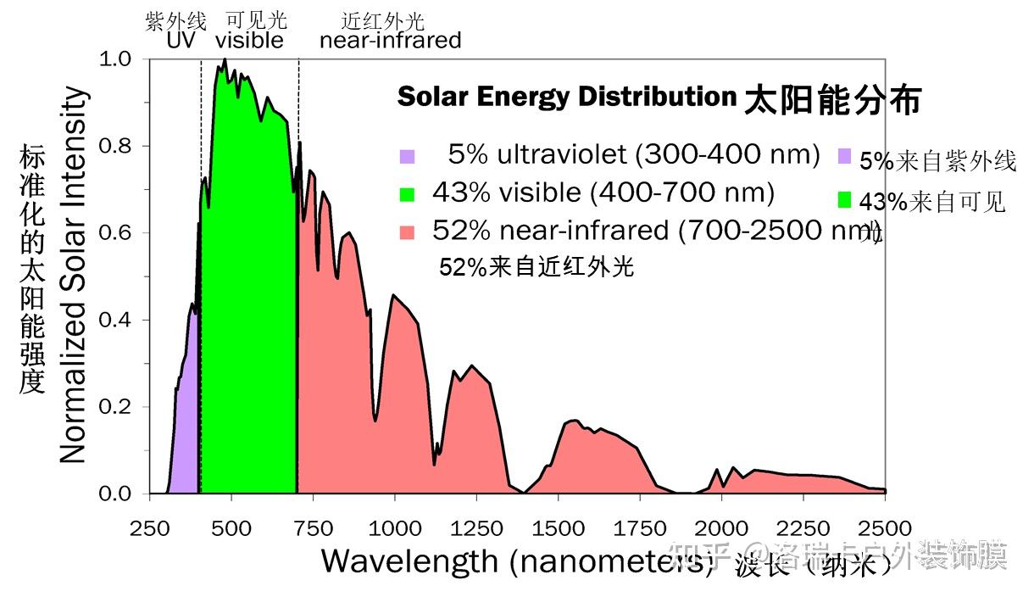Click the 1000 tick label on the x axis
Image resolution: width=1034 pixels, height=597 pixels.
(x=394, y=528)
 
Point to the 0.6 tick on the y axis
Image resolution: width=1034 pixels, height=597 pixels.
(x=118, y=233)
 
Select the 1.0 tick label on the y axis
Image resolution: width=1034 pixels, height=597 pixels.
(x=118, y=59)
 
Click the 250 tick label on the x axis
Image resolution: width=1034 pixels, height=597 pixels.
(x=149, y=528)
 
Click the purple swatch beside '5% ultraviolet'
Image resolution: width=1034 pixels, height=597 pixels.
(x=407, y=156)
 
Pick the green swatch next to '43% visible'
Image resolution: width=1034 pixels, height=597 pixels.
(x=407, y=194)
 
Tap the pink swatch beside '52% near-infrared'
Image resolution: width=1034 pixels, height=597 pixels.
(x=407, y=232)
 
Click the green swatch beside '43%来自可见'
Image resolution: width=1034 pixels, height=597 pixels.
(x=844, y=200)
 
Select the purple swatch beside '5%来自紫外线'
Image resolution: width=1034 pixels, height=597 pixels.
(x=844, y=157)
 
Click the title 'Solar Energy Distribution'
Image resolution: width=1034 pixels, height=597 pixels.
(x=566, y=97)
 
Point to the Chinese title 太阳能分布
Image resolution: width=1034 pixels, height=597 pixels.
(x=832, y=101)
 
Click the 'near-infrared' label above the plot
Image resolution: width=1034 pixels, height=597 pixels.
(x=390, y=40)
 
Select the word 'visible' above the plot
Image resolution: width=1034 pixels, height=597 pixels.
(x=249, y=40)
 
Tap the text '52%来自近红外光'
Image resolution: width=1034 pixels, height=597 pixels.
(x=536, y=268)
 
